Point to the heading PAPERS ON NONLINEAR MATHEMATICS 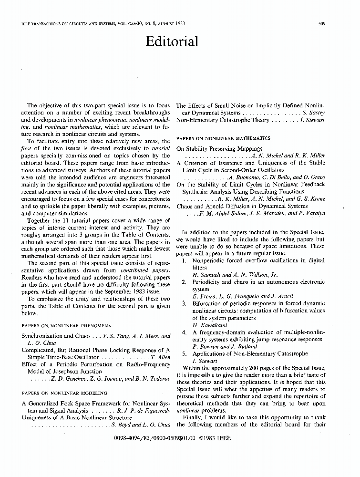click(223, 138)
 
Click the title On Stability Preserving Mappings click(219, 148)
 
